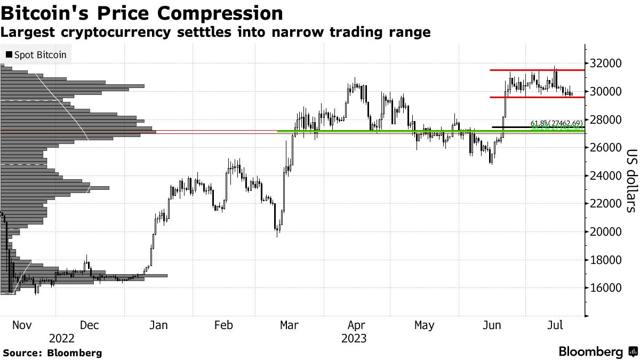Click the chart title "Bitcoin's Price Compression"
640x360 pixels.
(142, 13)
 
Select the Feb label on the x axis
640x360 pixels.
(223, 325)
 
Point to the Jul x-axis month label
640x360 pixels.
(555, 325)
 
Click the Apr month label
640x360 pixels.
(356, 325)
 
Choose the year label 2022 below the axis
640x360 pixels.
(61, 338)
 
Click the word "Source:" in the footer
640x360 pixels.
(22, 353)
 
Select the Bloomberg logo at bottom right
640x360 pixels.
(598, 352)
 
